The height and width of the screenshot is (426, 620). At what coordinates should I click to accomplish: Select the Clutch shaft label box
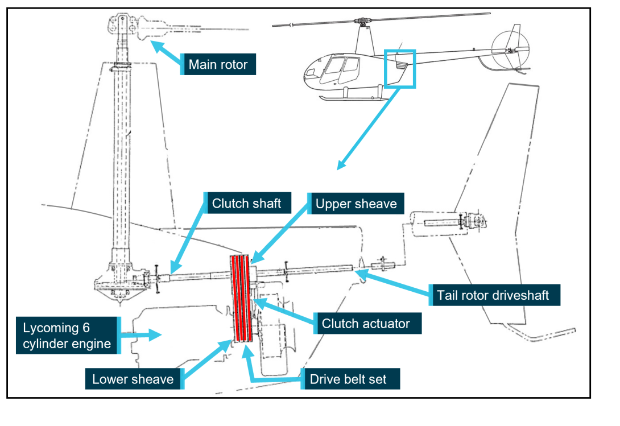(x=246, y=204)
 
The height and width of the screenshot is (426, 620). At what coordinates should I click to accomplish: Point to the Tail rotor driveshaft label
(x=494, y=295)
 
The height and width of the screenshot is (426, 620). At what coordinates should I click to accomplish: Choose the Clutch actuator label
(x=365, y=323)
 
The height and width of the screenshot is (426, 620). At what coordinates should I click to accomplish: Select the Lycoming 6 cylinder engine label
(x=64, y=336)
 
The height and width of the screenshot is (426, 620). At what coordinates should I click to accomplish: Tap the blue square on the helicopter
(x=400, y=68)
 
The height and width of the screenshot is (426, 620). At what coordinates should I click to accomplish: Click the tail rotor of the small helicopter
(x=506, y=51)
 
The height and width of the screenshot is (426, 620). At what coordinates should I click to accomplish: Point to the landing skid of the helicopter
(x=353, y=98)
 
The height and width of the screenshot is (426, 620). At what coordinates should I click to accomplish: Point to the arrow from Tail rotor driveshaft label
(x=392, y=284)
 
